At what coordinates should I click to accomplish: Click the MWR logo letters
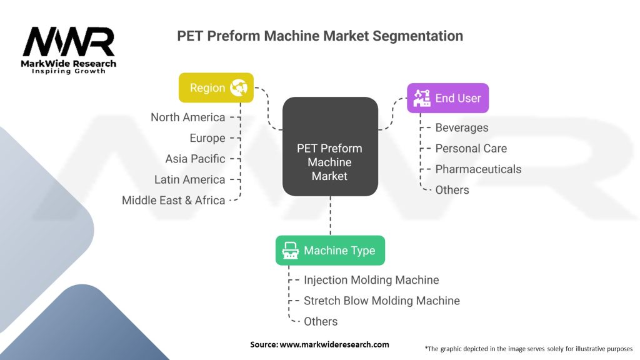(x=69, y=42)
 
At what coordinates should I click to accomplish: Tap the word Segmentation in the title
(x=417, y=36)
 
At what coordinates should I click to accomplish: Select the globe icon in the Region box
(x=238, y=87)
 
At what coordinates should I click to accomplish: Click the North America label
(x=187, y=117)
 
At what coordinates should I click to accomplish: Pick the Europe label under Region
(x=207, y=138)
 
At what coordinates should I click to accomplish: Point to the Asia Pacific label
(x=195, y=159)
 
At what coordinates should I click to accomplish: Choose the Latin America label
(x=189, y=179)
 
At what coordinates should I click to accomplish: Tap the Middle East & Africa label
(x=174, y=201)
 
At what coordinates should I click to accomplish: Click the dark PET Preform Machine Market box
(x=330, y=146)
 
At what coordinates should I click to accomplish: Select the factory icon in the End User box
(x=422, y=98)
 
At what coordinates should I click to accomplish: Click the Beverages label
(x=462, y=127)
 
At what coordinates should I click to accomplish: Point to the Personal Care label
(x=471, y=149)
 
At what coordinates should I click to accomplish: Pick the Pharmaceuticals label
(x=478, y=169)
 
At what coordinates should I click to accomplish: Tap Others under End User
(x=452, y=190)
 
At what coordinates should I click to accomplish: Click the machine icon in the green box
(x=290, y=250)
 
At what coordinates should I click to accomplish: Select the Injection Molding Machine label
(x=371, y=280)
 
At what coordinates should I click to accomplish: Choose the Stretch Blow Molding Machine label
(x=382, y=301)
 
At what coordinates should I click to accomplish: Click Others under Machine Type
(x=321, y=322)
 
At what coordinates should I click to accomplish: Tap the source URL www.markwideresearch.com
(x=334, y=344)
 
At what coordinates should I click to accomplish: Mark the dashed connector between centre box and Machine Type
(x=330, y=216)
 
